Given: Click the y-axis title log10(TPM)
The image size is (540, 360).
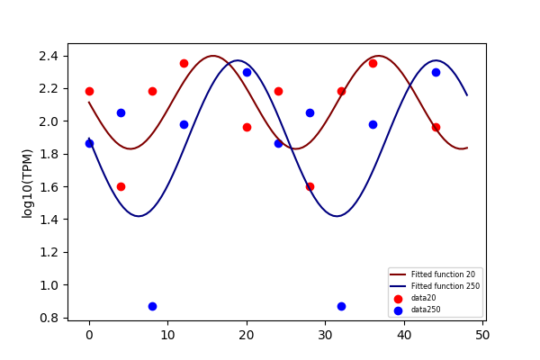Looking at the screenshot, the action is point(27,184).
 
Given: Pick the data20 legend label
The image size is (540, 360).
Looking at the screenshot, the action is point(424,298).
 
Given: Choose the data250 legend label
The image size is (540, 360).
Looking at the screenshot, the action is point(426,310).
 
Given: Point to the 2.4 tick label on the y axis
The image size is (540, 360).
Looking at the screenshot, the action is point(49,56).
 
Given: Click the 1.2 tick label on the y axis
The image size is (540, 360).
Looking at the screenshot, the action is point(49,253).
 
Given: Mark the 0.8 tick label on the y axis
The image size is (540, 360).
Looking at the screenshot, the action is point(49,318).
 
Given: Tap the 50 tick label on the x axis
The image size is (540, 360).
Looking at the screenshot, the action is point(482,335).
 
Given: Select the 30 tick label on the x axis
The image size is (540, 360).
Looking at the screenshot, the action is point(325,335).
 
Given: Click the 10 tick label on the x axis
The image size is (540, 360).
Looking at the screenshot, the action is point(167,335).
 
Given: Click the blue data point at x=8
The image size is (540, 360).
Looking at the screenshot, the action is point(153,306).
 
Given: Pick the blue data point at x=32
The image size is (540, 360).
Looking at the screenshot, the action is point(341,306).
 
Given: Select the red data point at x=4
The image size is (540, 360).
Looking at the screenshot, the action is point(121,186).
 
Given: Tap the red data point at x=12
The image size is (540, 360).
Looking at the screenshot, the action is point(184,63).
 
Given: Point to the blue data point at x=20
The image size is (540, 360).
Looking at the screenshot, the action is point(247,72).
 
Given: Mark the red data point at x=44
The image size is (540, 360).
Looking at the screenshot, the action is point(436,128).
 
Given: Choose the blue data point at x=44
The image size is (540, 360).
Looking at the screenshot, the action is point(436,72).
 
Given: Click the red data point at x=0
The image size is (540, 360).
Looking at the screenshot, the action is point(89,91).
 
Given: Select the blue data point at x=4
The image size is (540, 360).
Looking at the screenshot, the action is point(121,113).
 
